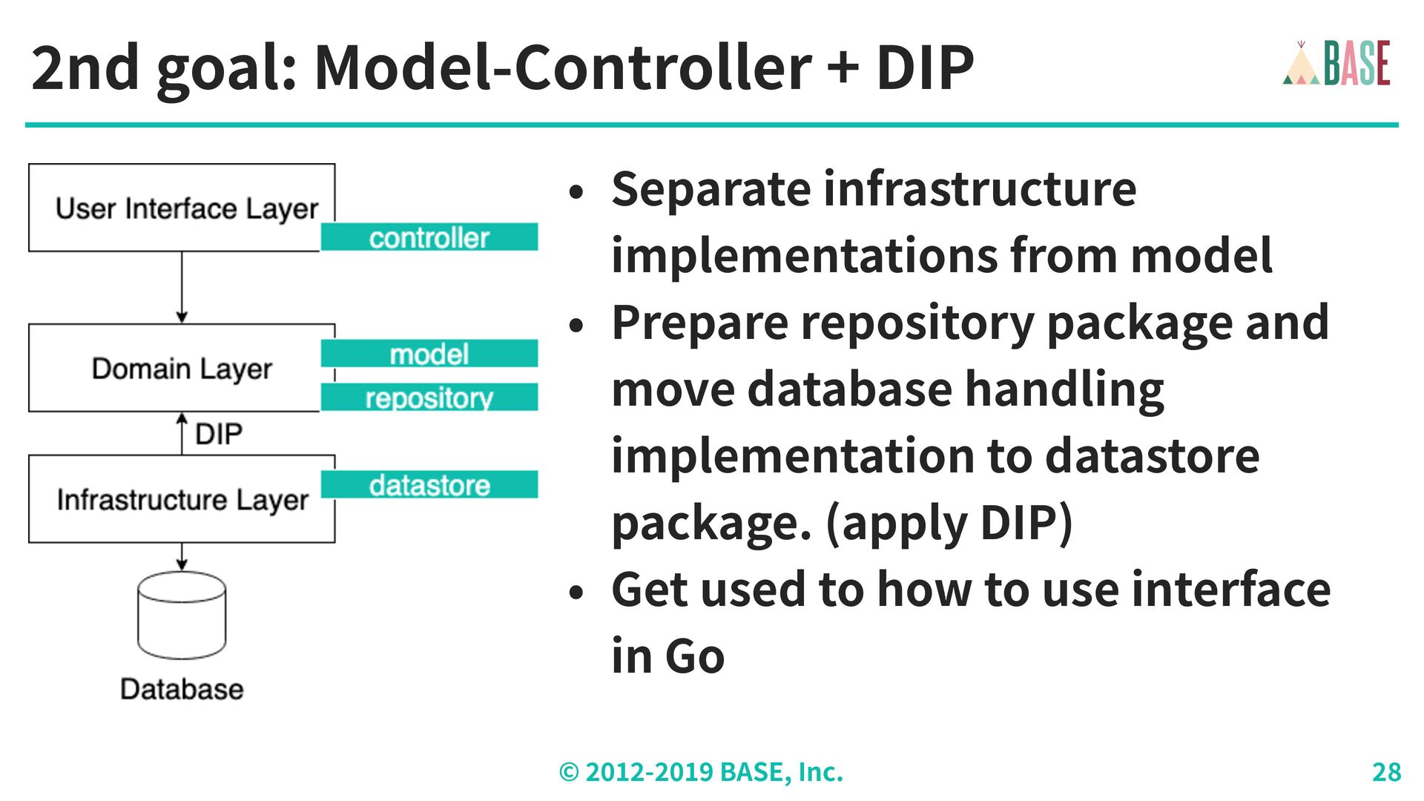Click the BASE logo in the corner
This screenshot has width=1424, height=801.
[x=1336, y=63]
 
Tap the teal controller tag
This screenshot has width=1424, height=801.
[x=429, y=237]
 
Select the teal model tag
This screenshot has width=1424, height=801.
[x=429, y=353]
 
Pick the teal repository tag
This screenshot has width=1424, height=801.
[x=429, y=397]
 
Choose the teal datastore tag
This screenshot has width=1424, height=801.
[x=429, y=484]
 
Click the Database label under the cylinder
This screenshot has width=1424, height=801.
[x=182, y=689]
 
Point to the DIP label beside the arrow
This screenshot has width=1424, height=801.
[x=219, y=434]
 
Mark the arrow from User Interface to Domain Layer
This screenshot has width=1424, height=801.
[x=182, y=288]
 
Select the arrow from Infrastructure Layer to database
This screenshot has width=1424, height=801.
[x=182, y=557]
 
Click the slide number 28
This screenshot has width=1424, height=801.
[x=1386, y=772]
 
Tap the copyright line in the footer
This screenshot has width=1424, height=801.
[x=701, y=772]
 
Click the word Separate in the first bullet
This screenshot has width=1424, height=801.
[x=711, y=189]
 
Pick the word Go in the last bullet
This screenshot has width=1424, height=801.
[x=694, y=656]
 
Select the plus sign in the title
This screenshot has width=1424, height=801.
[x=843, y=68]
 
